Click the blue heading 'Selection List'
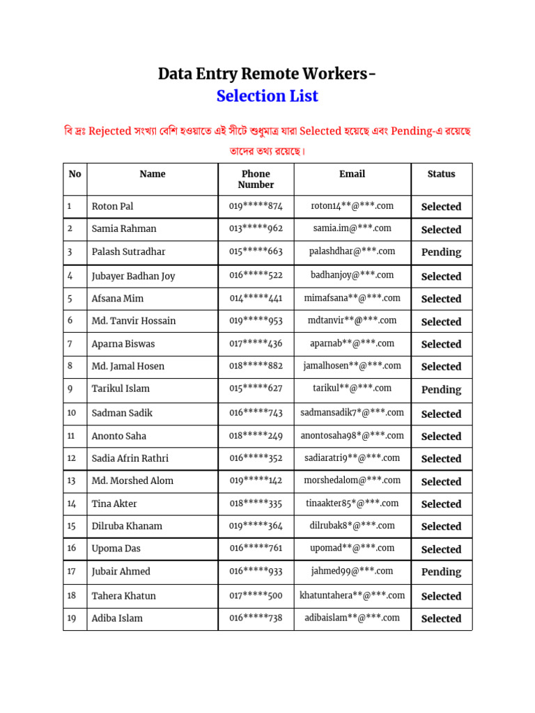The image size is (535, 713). tap(267, 96)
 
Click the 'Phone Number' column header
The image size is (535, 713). tap(256, 179)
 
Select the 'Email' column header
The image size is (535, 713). tap(352, 174)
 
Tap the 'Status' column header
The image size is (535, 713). tap(441, 174)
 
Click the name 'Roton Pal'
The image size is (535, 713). tap(112, 206)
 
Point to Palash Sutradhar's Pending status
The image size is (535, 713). tap(441, 252)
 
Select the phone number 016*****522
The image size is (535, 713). tap(256, 276)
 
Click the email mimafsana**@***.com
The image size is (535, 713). tap(352, 298)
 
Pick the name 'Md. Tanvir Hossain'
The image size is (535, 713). tap(134, 321)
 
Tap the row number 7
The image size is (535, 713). tap(70, 343)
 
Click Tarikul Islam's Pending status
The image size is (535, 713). tap(441, 390)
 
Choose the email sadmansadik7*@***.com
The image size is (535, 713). tap(352, 413)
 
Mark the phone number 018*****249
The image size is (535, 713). tap(256, 436)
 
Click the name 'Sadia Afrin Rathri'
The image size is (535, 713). tap(130, 458)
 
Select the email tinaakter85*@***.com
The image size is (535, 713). tap(352, 503)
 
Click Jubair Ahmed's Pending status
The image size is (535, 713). tap(441, 572)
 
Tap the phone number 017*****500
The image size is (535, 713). tap(256, 595)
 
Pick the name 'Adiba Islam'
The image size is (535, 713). tap(117, 618)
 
